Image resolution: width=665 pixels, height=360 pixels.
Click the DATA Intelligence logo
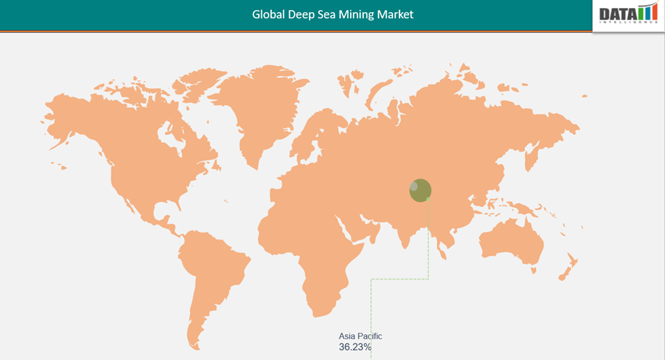tap(627, 14)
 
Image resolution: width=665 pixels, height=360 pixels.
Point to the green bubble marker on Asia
tap(420, 190)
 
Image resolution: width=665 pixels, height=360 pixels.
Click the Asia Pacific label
tap(360, 336)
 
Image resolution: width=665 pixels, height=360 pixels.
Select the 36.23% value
tap(355, 347)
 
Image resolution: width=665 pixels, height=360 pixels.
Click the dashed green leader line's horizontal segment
tap(400, 279)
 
